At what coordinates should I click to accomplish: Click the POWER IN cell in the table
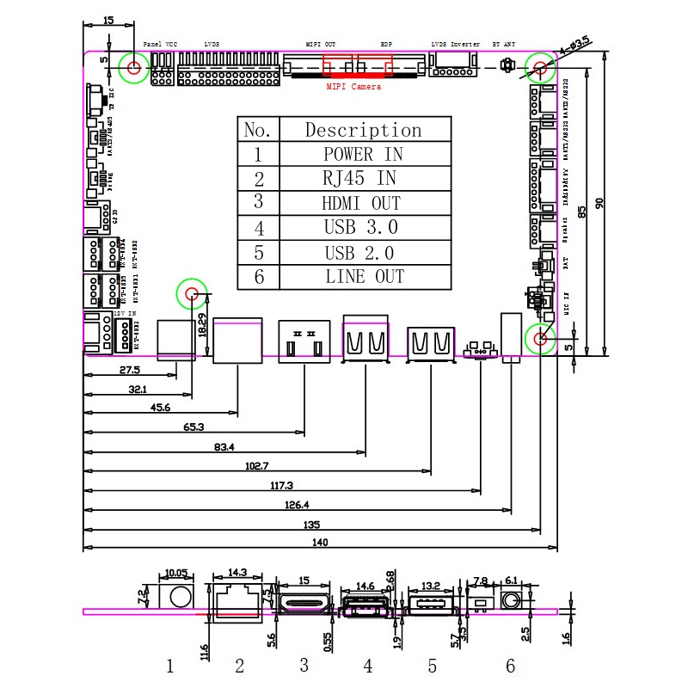click(x=363, y=155)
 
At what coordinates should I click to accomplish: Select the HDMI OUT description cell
click(x=361, y=204)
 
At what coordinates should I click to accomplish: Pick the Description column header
click(x=363, y=130)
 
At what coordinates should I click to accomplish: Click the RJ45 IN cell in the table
click(x=361, y=179)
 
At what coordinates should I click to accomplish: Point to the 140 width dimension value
click(x=320, y=542)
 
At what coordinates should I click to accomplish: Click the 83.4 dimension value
click(x=224, y=446)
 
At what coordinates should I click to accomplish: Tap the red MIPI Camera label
click(x=354, y=87)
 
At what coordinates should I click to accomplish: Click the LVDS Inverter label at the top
click(x=455, y=44)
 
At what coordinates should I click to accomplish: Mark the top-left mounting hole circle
click(x=134, y=67)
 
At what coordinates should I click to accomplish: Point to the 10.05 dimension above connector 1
click(x=176, y=573)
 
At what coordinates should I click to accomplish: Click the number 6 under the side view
click(x=510, y=665)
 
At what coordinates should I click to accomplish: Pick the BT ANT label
click(x=504, y=44)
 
